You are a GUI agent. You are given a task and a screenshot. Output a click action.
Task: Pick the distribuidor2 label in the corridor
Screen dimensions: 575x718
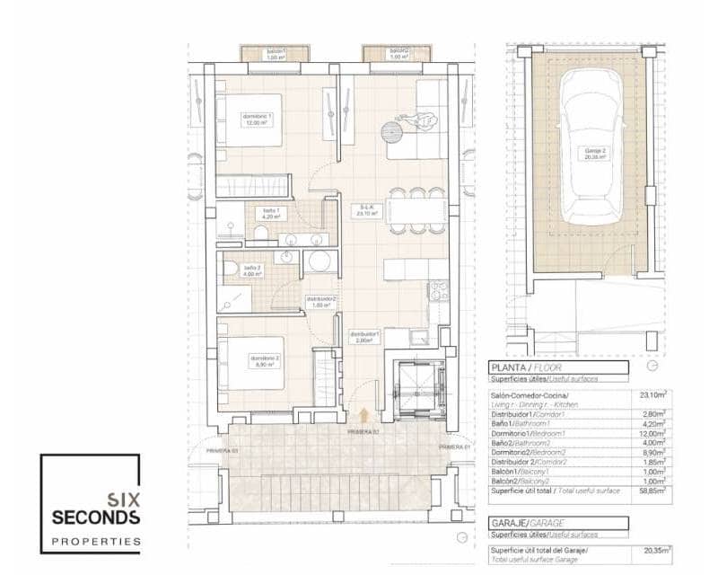320,301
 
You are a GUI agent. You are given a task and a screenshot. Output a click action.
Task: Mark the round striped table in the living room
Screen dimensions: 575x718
392,132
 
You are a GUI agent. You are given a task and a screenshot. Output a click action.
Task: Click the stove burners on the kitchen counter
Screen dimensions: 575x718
438,291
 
